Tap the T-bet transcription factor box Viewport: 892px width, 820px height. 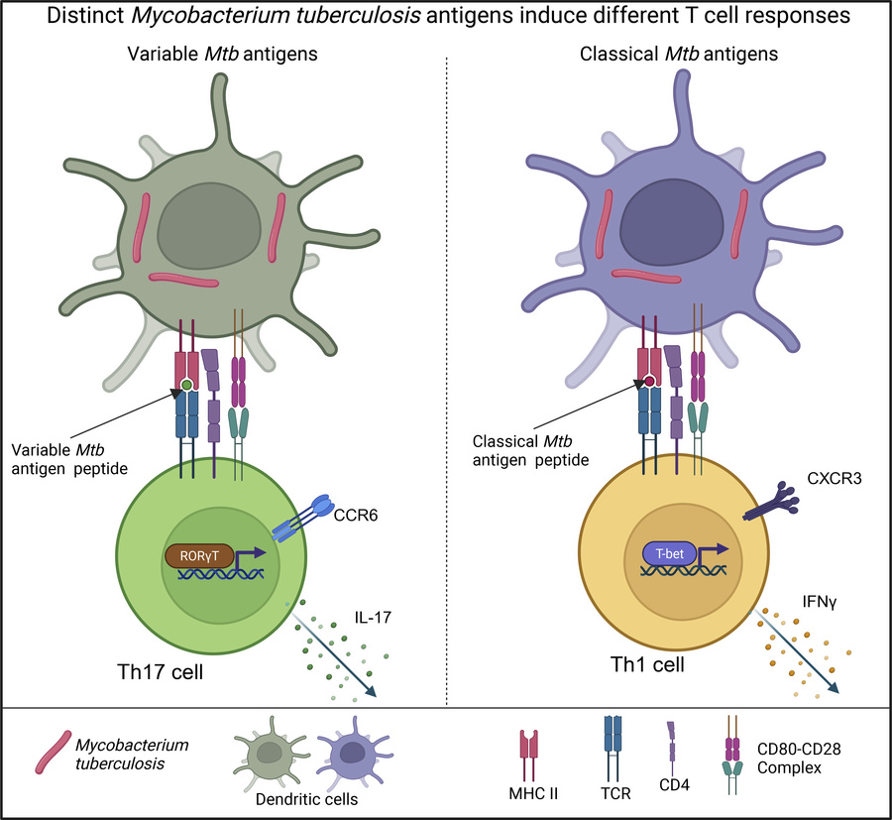[667, 556]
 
